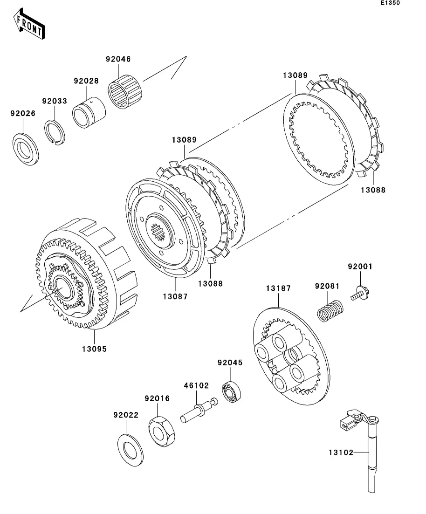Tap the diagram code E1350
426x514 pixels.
(x=390, y=3)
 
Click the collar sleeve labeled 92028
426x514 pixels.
(x=89, y=113)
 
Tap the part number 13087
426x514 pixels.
(x=175, y=296)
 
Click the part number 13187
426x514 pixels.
(x=278, y=289)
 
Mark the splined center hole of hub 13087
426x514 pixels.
(x=159, y=231)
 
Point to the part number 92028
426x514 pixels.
(x=86, y=81)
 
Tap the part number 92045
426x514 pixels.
(x=230, y=363)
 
